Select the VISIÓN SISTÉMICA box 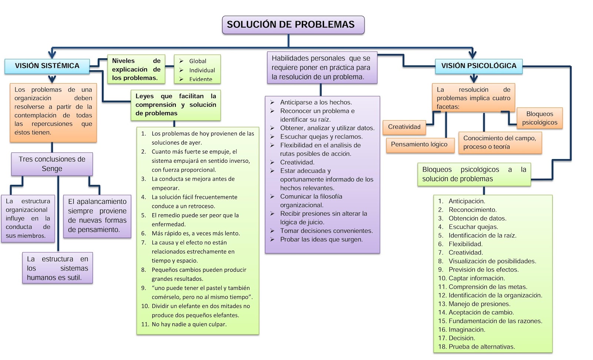click(x=47, y=66)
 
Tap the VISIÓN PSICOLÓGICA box click(x=478, y=66)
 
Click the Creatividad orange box click(x=404, y=127)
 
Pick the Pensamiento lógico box click(x=419, y=145)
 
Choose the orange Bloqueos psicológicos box click(x=539, y=118)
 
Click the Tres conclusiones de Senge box click(x=52, y=164)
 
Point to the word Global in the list click(x=198, y=61)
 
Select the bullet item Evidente click(x=201, y=79)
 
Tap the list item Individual click(x=202, y=70)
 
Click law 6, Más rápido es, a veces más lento click(x=195, y=234)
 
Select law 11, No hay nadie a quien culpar click(x=189, y=324)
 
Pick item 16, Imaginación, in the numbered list click(x=467, y=330)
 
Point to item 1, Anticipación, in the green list click(x=467, y=201)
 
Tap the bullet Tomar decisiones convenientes click(x=326, y=231)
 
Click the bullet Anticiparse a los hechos click(x=316, y=102)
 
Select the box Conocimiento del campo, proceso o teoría click(x=500, y=142)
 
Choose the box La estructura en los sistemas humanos click(x=57, y=268)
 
